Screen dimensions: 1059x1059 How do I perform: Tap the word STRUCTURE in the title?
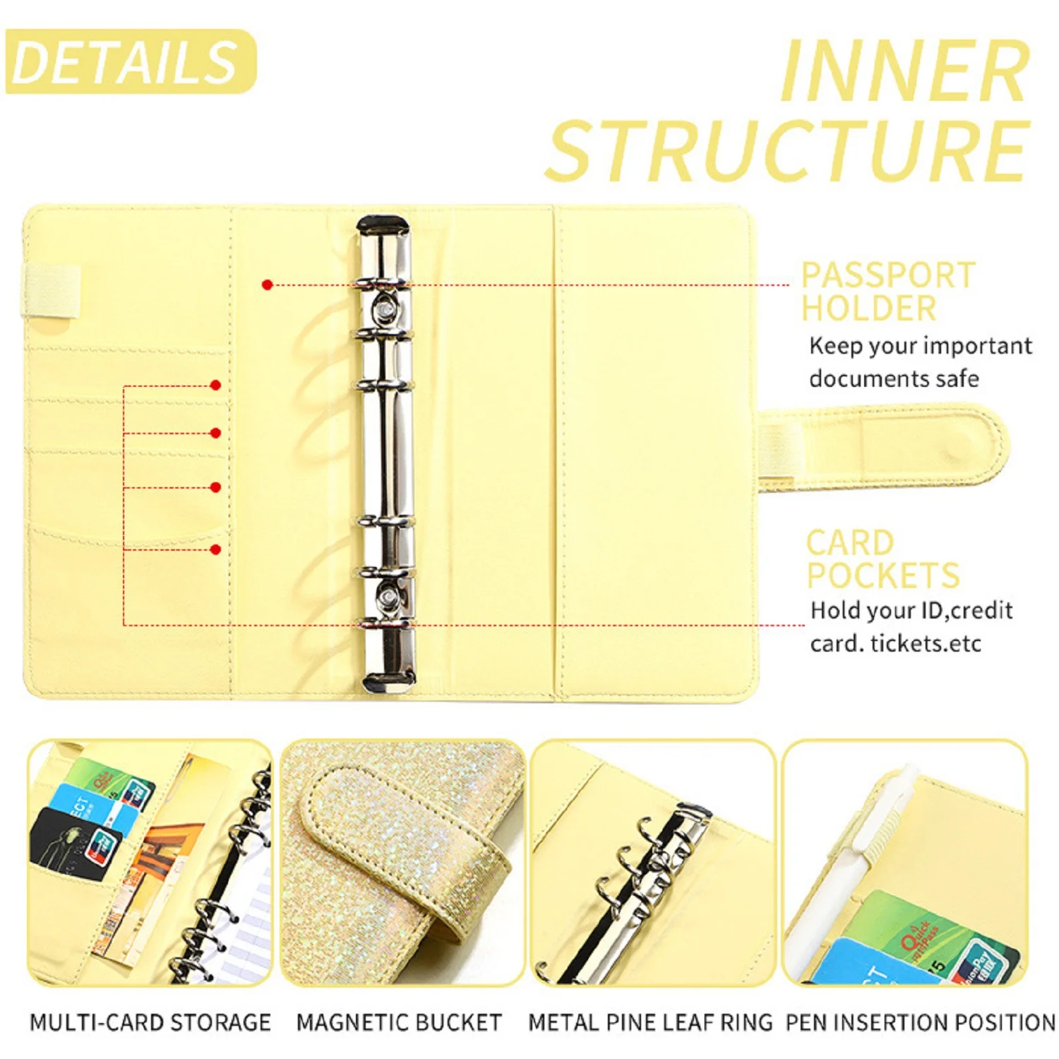point(788,150)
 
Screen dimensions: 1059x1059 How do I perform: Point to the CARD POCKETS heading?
point(882,559)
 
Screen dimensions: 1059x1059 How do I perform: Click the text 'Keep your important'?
point(920,346)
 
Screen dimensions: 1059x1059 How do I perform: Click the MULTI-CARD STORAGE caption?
point(150,1022)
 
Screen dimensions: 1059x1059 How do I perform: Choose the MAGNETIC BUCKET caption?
point(399,1022)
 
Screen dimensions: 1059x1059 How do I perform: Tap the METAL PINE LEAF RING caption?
point(650,1022)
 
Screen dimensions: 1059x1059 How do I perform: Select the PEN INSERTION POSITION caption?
point(920,1022)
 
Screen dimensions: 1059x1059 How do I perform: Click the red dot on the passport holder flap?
point(267,285)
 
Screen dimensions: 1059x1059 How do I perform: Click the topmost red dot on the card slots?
point(216,385)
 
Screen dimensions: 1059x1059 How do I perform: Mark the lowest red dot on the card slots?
point(216,549)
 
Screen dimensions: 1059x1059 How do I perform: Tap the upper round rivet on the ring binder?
point(385,309)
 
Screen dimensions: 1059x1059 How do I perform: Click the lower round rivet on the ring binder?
point(387,597)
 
